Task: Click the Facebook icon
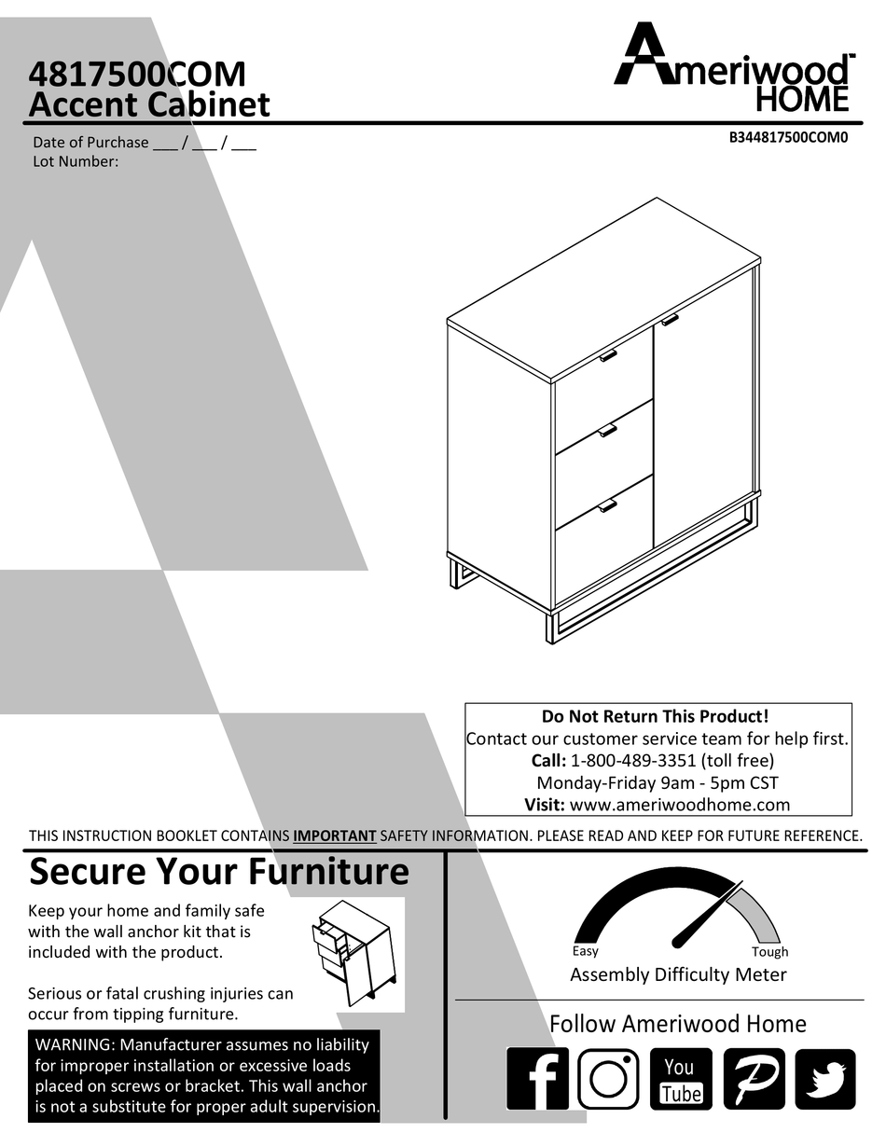(x=537, y=1079)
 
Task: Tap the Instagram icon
(x=608, y=1079)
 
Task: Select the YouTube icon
(x=681, y=1079)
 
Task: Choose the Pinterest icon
(x=754, y=1079)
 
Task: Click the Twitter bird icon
(x=824, y=1079)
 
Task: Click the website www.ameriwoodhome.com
(x=680, y=805)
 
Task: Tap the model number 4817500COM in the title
(x=137, y=73)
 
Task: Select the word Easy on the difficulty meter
(x=585, y=951)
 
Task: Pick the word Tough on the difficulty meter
(x=769, y=952)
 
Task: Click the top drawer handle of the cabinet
(x=608, y=355)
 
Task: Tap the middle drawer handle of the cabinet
(x=608, y=430)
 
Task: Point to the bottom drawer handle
(x=608, y=505)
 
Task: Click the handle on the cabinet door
(x=669, y=320)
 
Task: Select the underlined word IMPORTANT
(x=334, y=835)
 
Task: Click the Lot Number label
(x=76, y=161)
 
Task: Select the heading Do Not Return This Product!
(x=656, y=716)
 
